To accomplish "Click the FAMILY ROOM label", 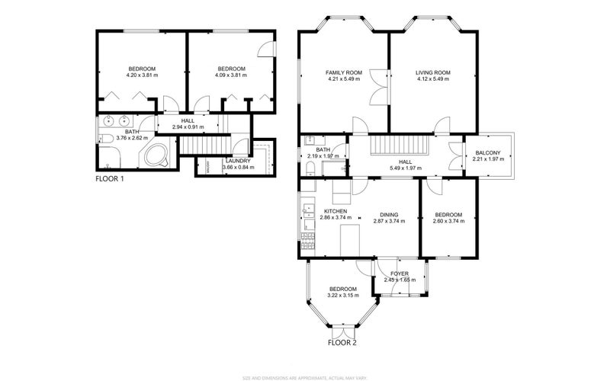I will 343,72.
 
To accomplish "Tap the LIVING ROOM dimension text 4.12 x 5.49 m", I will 433,79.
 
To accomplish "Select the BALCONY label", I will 488,152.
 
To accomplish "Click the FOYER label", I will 400,274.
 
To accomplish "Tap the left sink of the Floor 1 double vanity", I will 108,120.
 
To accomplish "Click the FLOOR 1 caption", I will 110,179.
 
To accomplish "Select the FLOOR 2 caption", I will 342,343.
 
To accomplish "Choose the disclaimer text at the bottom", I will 305,376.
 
